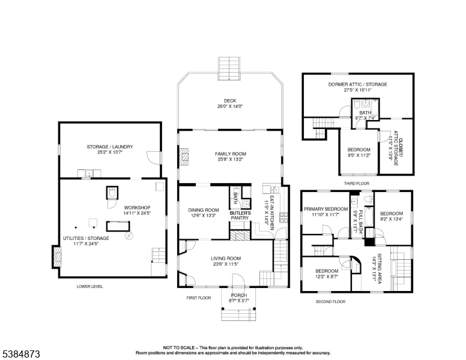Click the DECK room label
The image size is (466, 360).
pyautogui.click(x=231, y=101)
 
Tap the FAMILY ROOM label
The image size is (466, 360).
pyautogui.click(x=231, y=154)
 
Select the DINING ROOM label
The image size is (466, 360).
pyautogui.click(x=204, y=210)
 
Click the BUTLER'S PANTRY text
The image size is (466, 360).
pyautogui.click(x=240, y=215)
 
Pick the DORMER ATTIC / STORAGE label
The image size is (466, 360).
pyautogui.click(x=357, y=84)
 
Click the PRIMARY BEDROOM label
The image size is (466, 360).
pyautogui.click(x=325, y=209)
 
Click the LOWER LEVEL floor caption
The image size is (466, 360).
pyautogui.click(x=89, y=287)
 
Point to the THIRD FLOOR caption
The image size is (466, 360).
pyautogui.click(x=356, y=183)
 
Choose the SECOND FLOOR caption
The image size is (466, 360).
pyautogui.click(x=331, y=301)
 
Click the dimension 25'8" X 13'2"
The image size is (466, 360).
pyautogui.click(x=231, y=160)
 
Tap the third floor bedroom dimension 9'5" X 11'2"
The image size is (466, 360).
pyautogui.click(x=359, y=155)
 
